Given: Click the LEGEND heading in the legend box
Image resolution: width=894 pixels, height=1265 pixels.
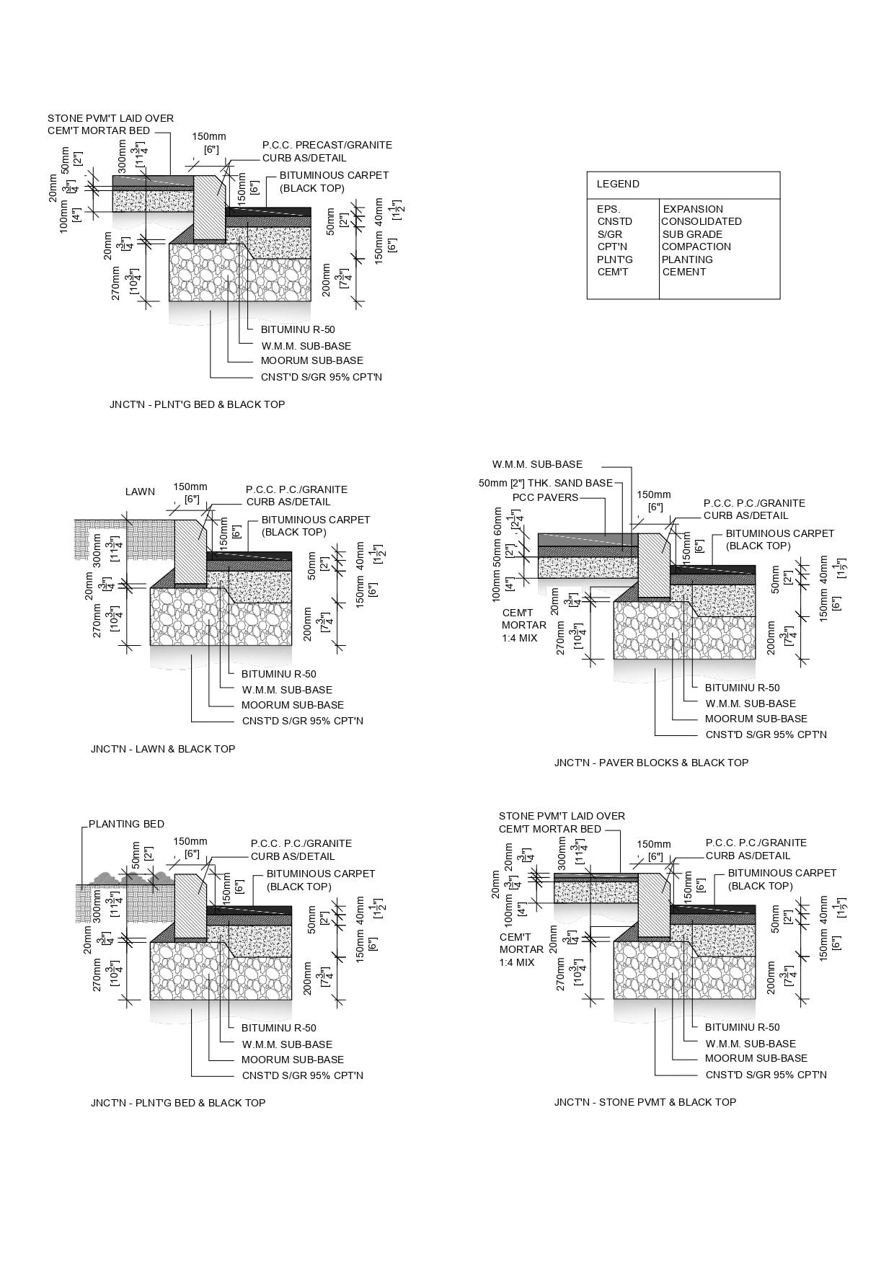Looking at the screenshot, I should pyautogui.click(x=618, y=184).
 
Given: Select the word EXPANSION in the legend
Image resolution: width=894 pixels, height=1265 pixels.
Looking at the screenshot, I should pyautogui.click(x=692, y=209).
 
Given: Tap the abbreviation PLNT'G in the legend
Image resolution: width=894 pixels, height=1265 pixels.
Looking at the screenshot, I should pyautogui.click(x=614, y=259).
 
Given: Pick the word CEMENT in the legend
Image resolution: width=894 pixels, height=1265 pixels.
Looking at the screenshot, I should pyautogui.click(x=684, y=272).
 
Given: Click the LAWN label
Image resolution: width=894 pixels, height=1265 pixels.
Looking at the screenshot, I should pyautogui.click(x=140, y=492).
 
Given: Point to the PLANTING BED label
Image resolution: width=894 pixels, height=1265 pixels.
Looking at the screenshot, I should pyautogui.click(x=126, y=824).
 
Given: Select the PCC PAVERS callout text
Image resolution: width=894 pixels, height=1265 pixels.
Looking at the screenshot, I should pyautogui.click(x=545, y=497).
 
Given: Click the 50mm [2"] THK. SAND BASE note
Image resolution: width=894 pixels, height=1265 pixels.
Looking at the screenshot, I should pyautogui.click(x=545, y=483).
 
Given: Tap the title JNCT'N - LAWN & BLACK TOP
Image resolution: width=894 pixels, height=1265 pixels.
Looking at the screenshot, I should pyautogui.click(x=163, y=749).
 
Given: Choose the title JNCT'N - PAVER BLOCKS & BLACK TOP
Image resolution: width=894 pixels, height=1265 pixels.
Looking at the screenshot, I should pyautogui.click(x=651, y=763).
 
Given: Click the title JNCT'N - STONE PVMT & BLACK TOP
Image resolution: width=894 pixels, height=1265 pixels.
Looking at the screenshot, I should pyautogui.click(x=645, y=1102).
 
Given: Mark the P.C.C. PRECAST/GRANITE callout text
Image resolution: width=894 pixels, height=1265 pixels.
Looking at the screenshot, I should pyautogui.click(x=327, y=145).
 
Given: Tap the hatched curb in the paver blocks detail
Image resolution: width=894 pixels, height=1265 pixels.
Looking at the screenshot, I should pyautogui.click(x=654, y=566).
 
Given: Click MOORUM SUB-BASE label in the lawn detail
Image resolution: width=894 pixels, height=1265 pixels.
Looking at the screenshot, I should pyautogui.click(x=293, y=705).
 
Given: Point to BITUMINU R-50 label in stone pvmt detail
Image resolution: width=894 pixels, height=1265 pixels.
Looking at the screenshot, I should pyautogui.click(x=742, y=1027).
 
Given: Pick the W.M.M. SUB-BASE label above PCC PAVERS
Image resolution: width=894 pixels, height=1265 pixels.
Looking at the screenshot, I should pyautogui.click(x=537, y=464).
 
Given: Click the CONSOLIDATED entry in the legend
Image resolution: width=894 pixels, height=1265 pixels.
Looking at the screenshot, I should pyautogui.click(x=701, y=221).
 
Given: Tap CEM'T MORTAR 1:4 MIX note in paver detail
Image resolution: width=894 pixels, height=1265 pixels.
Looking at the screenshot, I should pyautogui.click(x=523, y=625).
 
